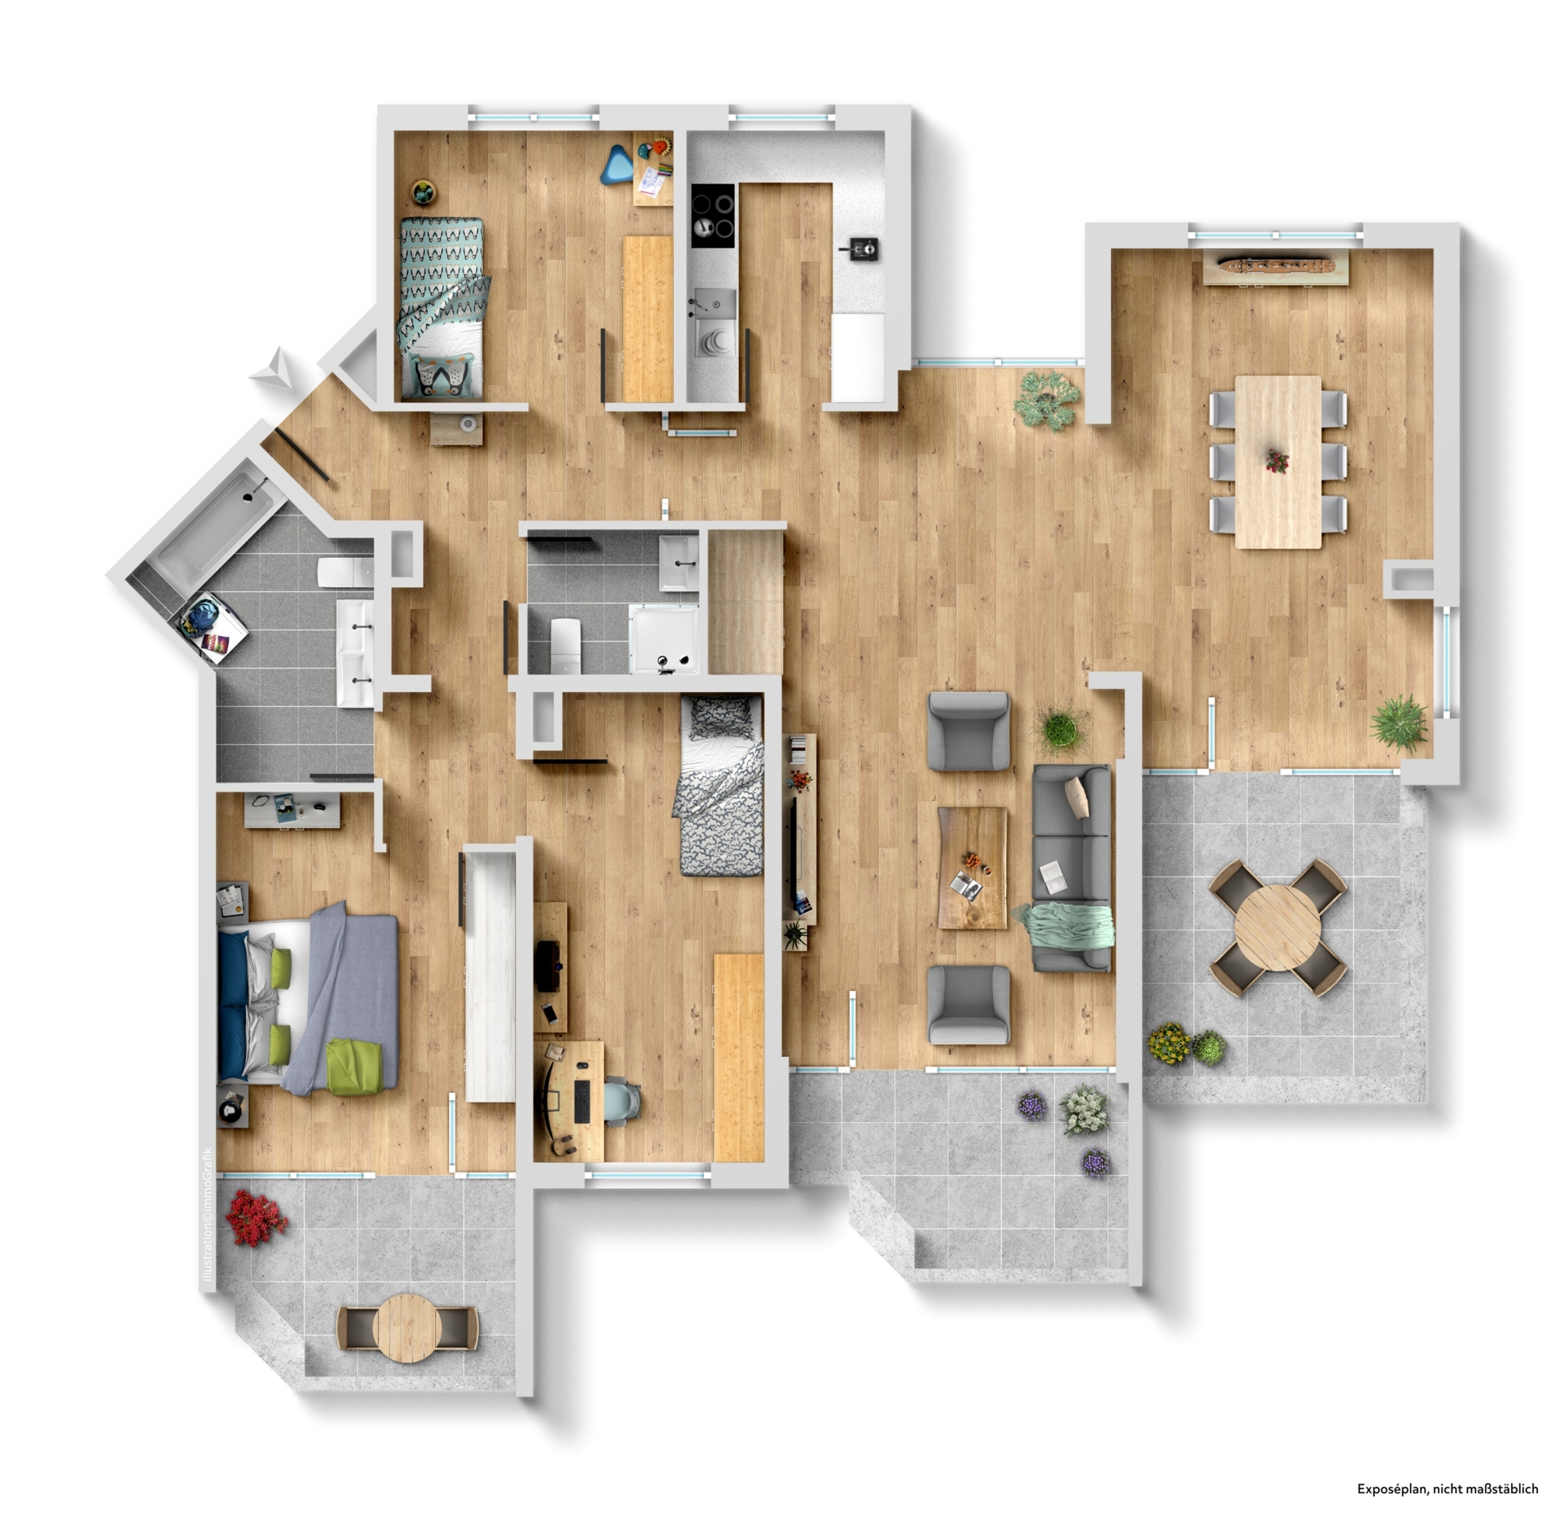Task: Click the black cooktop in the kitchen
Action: [713, 215]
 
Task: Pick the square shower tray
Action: [665, 639]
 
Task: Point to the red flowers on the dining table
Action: [1276, 460]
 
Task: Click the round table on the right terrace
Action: [1276, 928]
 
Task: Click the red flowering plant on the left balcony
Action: [255, 1218]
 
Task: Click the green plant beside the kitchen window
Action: [1048, 399]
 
